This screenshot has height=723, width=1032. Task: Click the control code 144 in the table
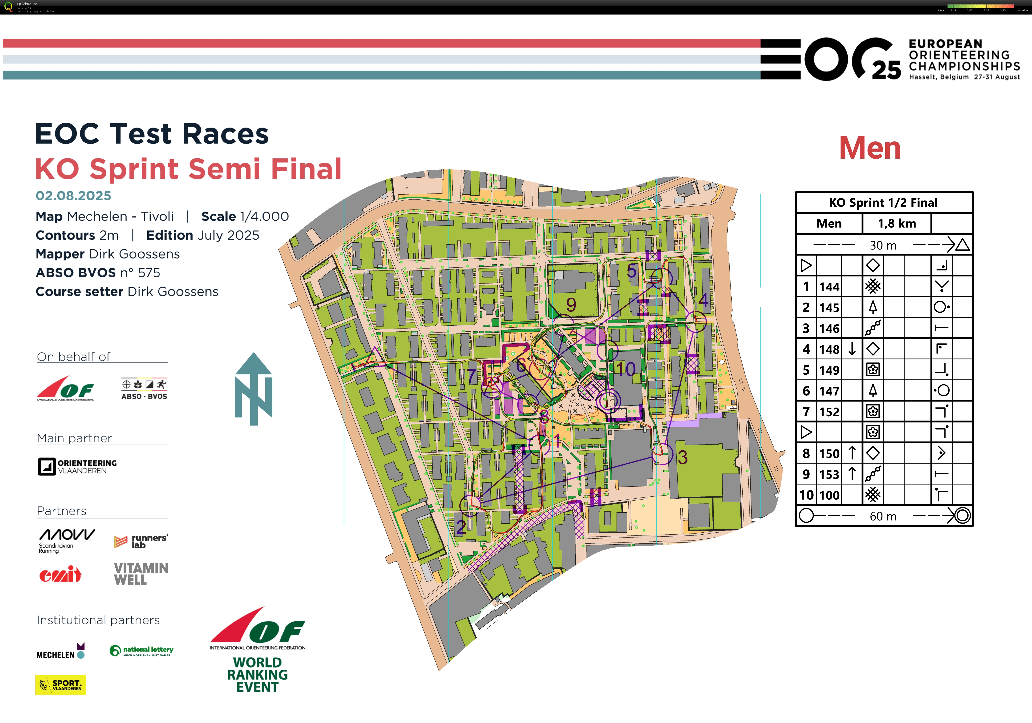click(x=829, y=287)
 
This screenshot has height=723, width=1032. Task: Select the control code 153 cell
click(x=829, y=474)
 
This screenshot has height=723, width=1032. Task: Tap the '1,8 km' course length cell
click(x=897, y=223)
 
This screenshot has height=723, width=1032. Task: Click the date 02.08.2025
click(x=73, y=196)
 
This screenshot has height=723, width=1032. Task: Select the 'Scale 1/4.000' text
click(x=245, y=216)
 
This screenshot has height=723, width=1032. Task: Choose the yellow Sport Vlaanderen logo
click(x=60, y=685)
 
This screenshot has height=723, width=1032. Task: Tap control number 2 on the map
click(x=461, y=527)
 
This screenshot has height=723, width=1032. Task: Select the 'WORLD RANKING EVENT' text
click(x=257, y=674)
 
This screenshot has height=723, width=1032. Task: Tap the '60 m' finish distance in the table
click(x=883, y=516)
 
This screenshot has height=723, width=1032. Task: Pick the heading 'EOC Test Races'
click(x=152, y=134)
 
